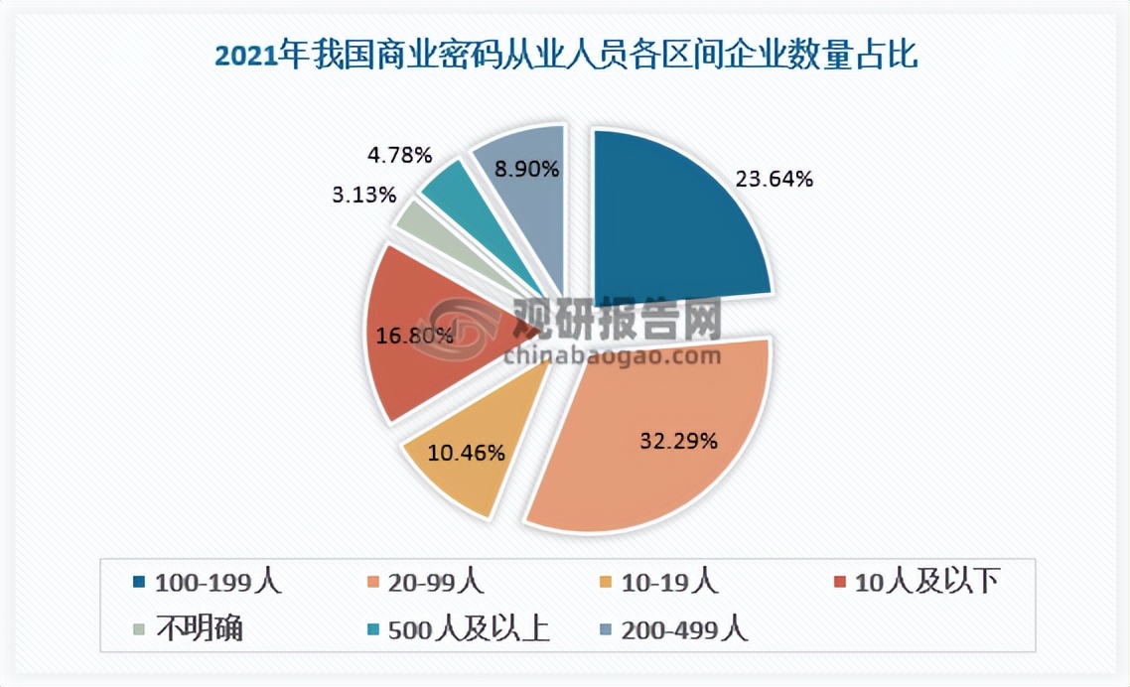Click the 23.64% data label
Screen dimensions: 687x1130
[x=774, y=180]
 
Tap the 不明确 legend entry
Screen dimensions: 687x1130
[x=198, y=630]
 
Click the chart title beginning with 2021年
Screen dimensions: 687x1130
[x=565, y=55]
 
